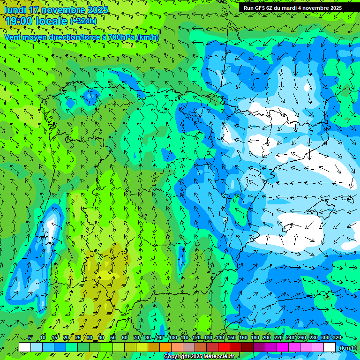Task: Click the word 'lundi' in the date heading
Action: coord(17,10)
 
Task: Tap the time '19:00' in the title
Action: coord(19,21)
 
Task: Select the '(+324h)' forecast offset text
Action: coord(83,21)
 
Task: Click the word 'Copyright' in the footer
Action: coord(177,357)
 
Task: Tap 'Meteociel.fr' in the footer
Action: coord(219,357)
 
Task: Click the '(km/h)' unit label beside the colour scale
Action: coord(347,348)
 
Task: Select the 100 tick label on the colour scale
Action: coord(172,337)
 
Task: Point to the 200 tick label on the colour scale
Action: coord(267,337)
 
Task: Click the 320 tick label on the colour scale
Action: coord(337,337)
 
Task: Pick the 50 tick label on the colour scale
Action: coord(113,337)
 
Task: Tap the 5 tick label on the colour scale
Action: coord(30,337)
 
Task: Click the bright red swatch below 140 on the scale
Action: coord(224,347)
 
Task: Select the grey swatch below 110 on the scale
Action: coord(189,347)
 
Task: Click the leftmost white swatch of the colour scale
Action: coord(25,347)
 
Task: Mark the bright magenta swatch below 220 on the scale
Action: coord(283,347)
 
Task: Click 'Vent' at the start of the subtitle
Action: coord(13,37)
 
